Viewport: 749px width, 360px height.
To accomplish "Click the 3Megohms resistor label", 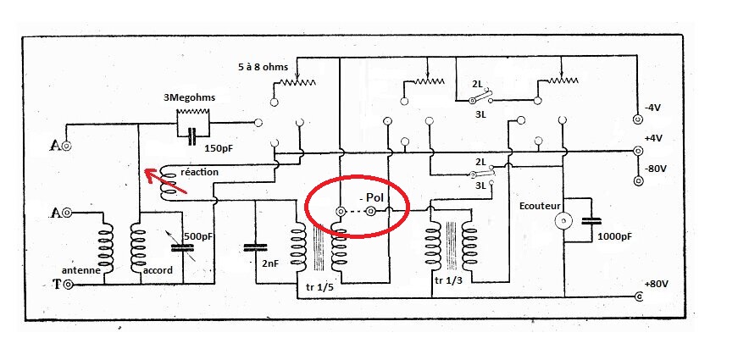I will tap(190, 97).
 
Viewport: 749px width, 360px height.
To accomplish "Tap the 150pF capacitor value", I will tap(219, 148).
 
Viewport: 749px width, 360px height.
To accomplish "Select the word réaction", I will tap(200, 172).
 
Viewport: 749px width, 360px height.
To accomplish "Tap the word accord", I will tap(158, 270).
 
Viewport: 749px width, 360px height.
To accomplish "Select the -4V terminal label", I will tap(656, 108).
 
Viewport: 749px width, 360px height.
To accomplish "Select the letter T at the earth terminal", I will tap(56, 284).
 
